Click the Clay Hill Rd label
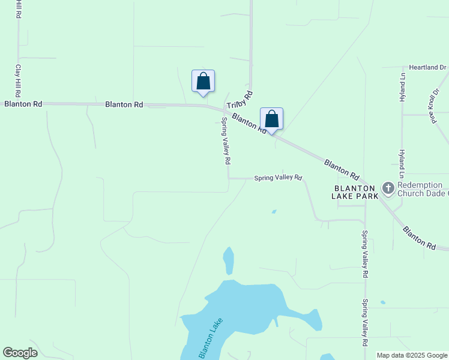click(x=19, y=80)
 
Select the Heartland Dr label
click(x=428, y=68)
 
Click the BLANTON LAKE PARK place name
click(x=356, y=191)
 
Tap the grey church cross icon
click(x=388, y=189)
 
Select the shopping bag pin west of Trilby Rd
click(x=203, y=81)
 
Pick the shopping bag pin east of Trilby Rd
click(x=271, y=119)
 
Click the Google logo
click(x=20, y=353)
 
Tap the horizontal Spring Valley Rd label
click(x=277, y=178)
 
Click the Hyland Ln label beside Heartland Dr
click(x=402, y=88)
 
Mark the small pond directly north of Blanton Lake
click(x=228, y=260)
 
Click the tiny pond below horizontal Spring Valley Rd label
click(x=274, y=211)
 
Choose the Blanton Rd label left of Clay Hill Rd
click(x=23, y=104)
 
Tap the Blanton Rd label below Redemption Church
click(x=418, y=238)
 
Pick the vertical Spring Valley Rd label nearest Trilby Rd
click(x=226, y=140)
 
